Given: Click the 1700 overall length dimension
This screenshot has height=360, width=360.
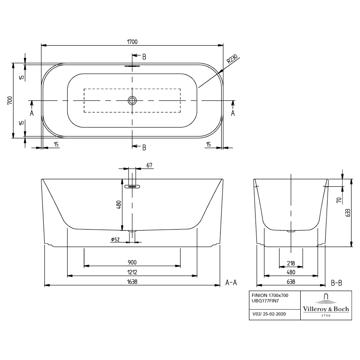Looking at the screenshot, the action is point(132,42).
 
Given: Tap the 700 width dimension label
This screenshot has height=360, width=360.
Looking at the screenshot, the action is point(10,100).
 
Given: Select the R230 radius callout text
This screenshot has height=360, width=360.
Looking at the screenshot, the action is point(232,59).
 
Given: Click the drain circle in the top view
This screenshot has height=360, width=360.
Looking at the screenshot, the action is point(132,100).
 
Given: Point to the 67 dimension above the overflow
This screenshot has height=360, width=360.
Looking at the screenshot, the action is point(149,165).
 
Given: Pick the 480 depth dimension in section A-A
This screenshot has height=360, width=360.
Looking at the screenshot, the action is point(119,205).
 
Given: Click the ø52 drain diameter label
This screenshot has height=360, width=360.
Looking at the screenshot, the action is point(115,240).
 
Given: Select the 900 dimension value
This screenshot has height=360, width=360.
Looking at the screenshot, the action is point(132,262).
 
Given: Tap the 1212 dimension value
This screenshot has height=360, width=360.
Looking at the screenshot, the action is point(132,272).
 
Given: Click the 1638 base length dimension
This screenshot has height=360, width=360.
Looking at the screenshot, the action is point(132,282).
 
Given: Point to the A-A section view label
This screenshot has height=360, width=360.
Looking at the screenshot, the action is point(231,282).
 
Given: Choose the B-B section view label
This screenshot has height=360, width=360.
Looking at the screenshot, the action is point(336,283).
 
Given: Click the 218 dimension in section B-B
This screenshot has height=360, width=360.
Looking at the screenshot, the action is point(291,263).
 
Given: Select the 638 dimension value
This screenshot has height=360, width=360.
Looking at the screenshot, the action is point(291,282).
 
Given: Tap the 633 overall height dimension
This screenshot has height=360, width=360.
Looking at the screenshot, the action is point(348,213).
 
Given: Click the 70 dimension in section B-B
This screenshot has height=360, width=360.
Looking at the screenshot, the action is point(339,200).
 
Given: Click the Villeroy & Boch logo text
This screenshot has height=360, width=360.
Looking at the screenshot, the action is point(326,309).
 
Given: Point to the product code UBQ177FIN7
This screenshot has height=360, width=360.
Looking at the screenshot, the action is point(265,301).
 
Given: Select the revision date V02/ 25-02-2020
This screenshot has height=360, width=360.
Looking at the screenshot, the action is point(269,314).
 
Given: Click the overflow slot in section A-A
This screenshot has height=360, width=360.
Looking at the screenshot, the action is point(132,186).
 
